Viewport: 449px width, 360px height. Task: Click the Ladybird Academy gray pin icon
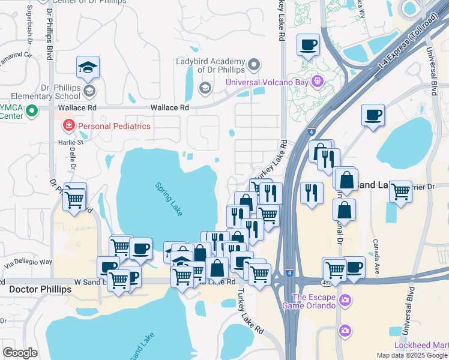pyautogui.click(x=255, y=63)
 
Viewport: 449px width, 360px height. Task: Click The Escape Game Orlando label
pyautogui.click(x=313, y=301)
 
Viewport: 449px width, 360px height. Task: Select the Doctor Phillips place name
pyautogui.click(x=40, y=289)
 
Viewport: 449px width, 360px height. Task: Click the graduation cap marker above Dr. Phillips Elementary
pyautogui.click(x=88, y=67)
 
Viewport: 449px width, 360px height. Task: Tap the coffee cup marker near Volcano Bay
pyautogui.click(x=309, y=44)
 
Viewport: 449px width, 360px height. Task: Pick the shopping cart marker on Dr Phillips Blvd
pyautogui.click(x=74, y=197)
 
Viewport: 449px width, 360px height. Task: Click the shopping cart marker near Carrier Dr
pyautogui.click(x=400, y=192)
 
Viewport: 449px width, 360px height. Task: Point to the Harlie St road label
pyautogui.click(x=71, y=142)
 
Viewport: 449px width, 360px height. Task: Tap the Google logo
pyautogui.click(x=20, y=353)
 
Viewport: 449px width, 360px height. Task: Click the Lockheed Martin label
pyautogui.click(x=421, y=345)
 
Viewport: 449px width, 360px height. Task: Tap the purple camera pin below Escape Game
pyautogui.click(x=345, y=330)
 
